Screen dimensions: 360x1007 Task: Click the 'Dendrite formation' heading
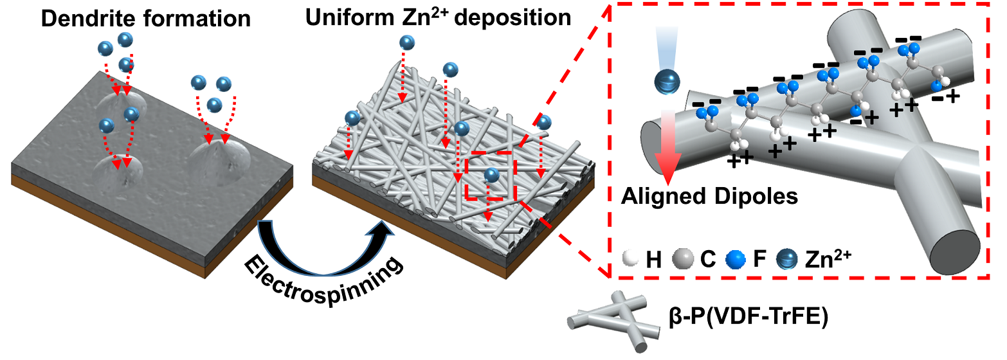tap(145, 19)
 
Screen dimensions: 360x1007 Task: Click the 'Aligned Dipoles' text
tap(709, 196)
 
